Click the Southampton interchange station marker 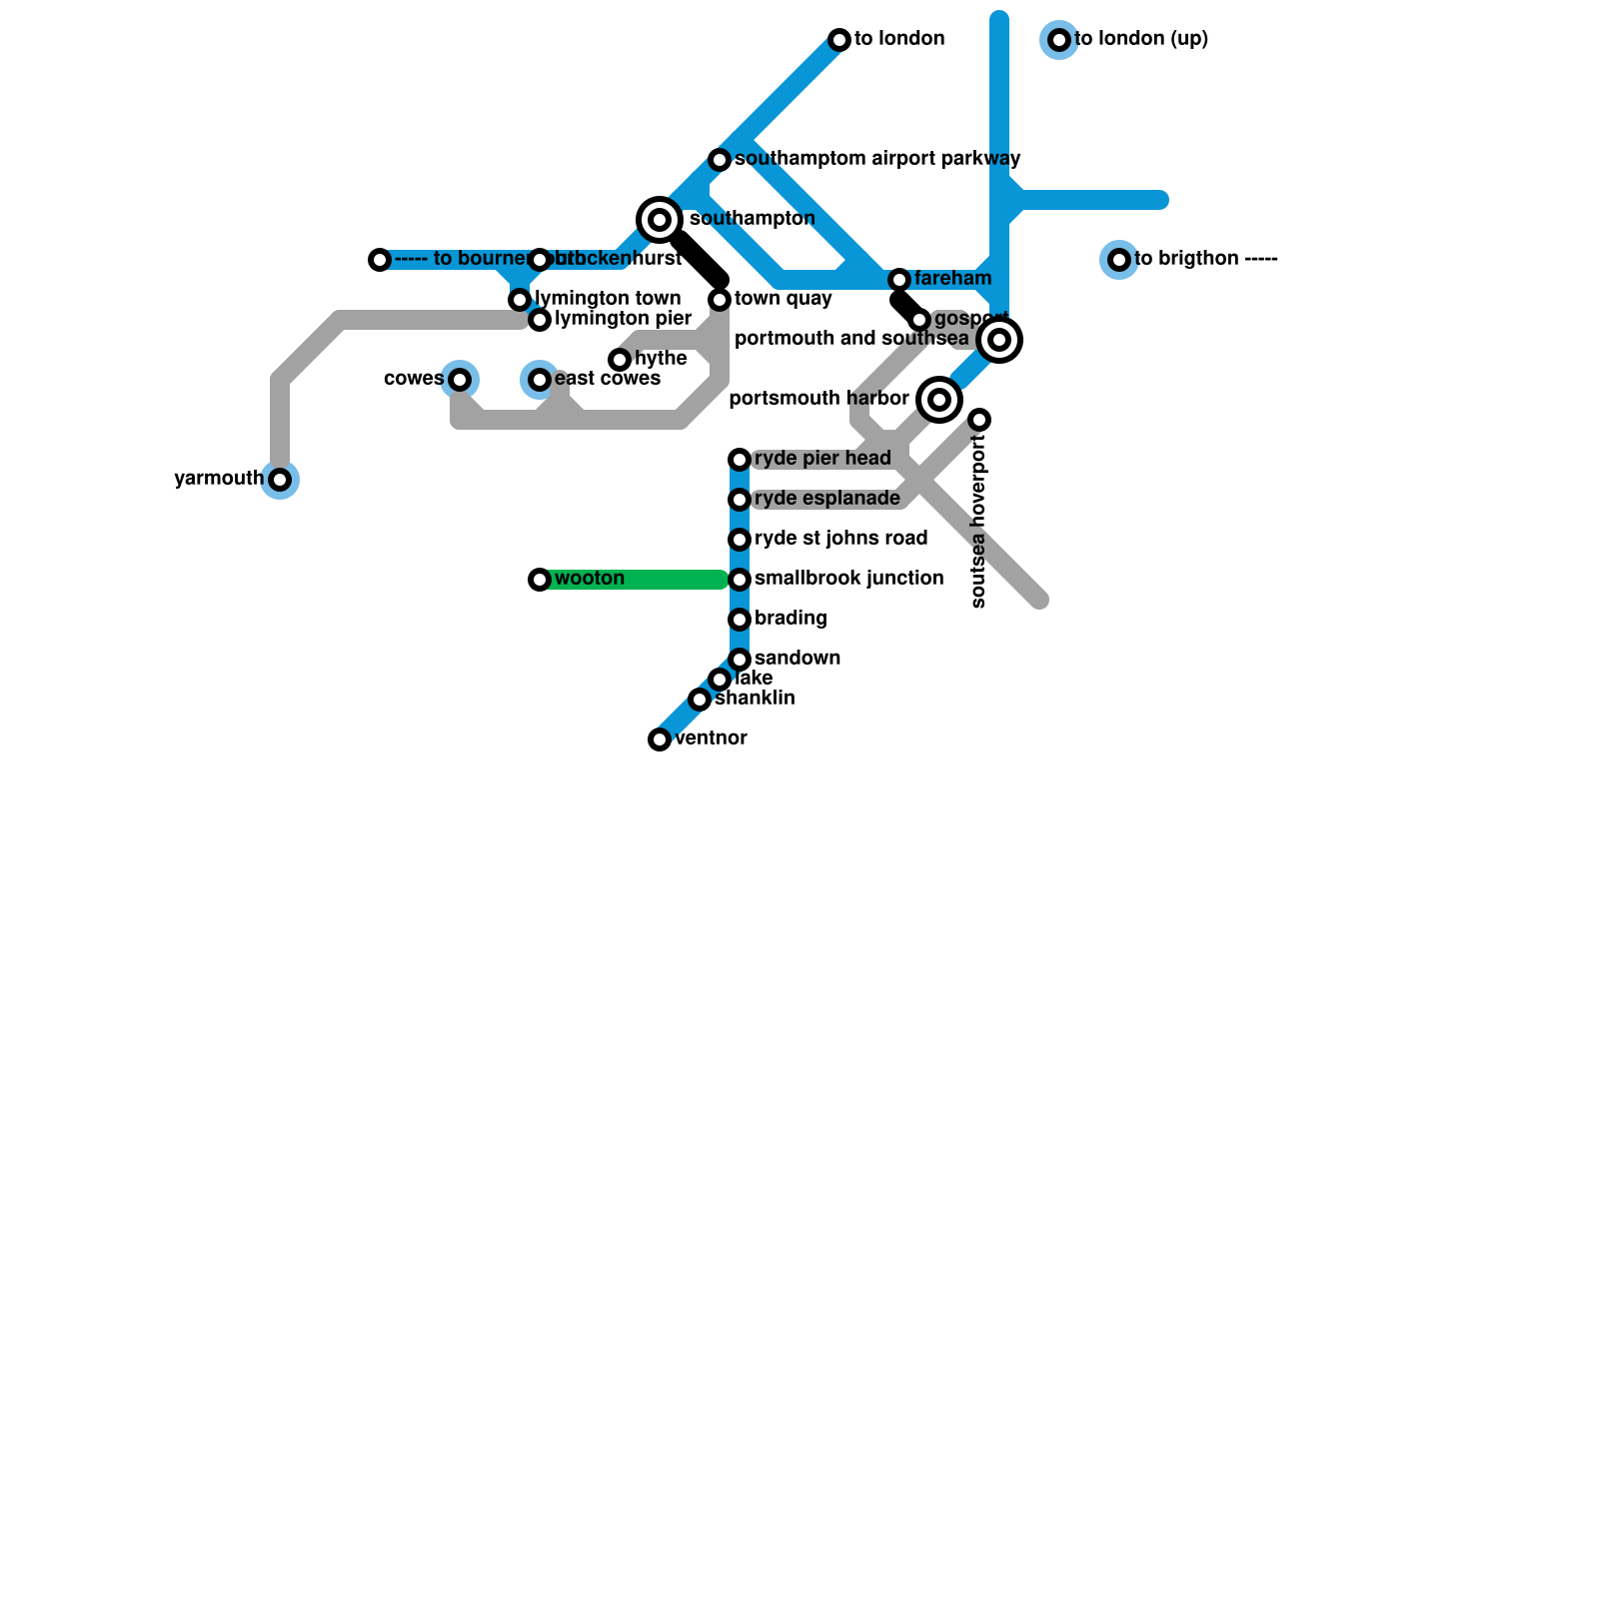click(660, 220)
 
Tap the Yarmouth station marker click(281, 480)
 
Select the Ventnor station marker click(660, 740)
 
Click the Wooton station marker click(540, 580)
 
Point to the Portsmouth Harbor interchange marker click(939, 400)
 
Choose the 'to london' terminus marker click(839, 40)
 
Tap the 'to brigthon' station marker click(1119, 260)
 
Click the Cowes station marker click(460, 380)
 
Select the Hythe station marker click(620, 360)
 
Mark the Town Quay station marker click(720, 300)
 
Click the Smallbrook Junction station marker click(740, 580)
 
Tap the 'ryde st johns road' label click(841, 539)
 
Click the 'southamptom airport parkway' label click(877, 159)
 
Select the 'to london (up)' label click(1141, 39)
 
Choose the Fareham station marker click(899, 280)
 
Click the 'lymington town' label click(608, 299)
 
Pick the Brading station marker click(740, 620)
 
